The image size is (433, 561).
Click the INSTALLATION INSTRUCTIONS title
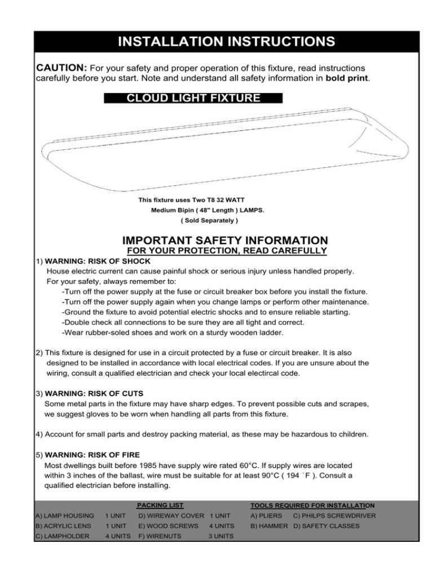tap(216, 42)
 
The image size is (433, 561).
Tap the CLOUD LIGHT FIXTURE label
tap(193, 98)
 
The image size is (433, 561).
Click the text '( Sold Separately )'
tap(193, 221)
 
